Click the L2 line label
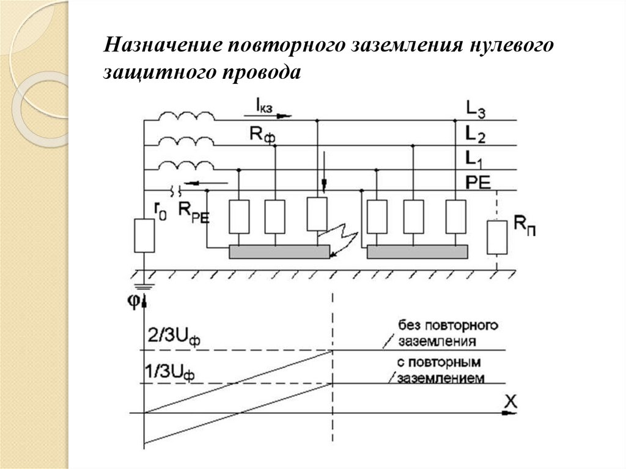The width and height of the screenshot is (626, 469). click(x=476, y=134)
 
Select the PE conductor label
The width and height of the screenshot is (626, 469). click(x=479, y=182)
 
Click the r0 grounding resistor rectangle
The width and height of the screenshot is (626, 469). click(x=144, y=236)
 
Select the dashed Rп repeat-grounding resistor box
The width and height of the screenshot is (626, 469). click(x=496, y=237)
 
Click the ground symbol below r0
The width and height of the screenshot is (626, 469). click(x=144, y=283)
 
